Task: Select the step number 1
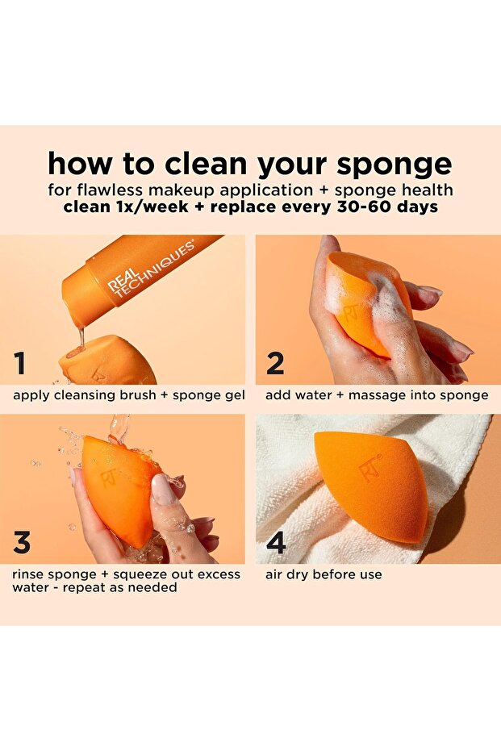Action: (x=20, y=365)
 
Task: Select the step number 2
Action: (x=275, y=365)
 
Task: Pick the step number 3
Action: (x=22, y=543)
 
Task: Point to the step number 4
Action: (x=276, y=543)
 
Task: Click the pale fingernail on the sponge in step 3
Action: (x=164, y=489)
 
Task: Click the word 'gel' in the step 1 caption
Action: (x=235, y=395)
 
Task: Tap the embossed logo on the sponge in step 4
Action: (x=370, y=467)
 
